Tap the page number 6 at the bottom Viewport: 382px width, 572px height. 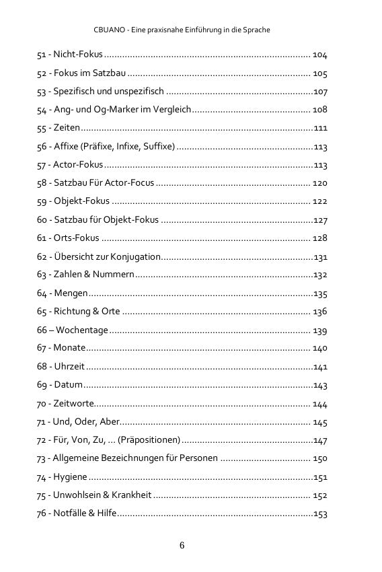point(182,544)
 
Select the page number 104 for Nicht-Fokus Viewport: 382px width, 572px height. point(319,55)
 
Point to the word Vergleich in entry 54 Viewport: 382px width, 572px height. point(172,109)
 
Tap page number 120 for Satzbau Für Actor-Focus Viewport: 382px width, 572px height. point(319,183)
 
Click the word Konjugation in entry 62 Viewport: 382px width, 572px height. point(137,256)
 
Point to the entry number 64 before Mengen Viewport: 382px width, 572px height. point(42,293)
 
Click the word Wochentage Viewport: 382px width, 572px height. point(81,330)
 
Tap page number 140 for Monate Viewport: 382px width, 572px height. point(319,348)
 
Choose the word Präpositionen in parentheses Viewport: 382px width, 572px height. point(149,440)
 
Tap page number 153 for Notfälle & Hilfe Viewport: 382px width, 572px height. point(320,513)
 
